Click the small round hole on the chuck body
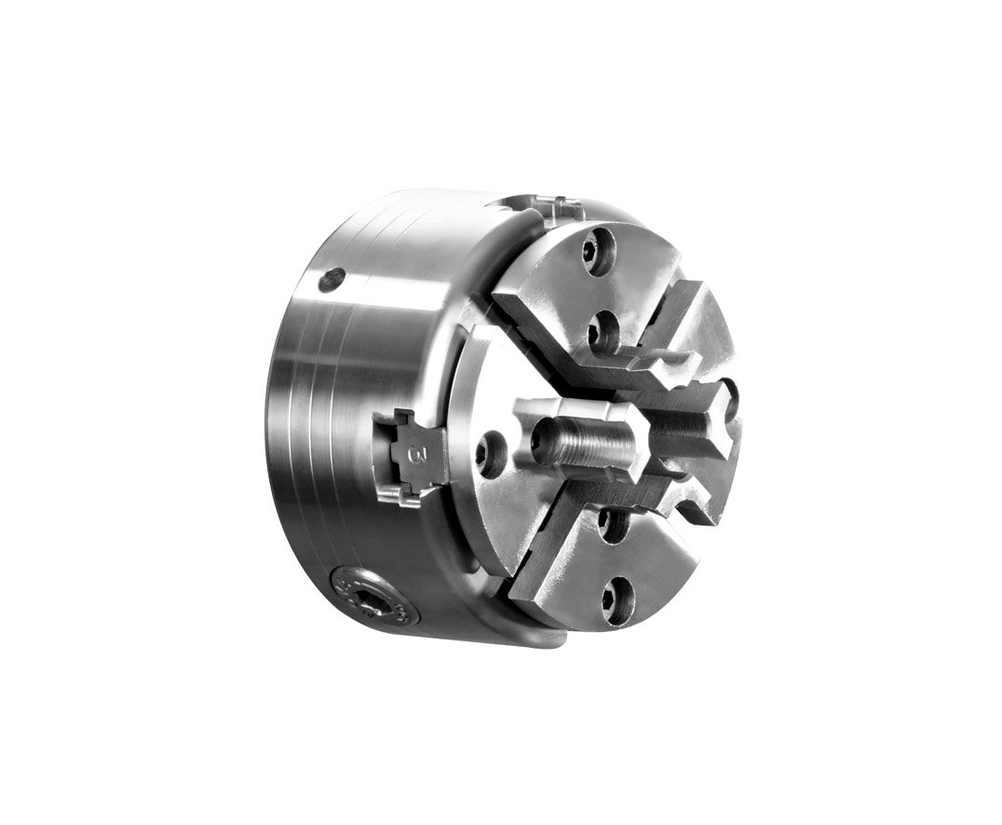331,279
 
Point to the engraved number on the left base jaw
415,455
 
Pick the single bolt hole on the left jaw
491,454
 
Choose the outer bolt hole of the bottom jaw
616,599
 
